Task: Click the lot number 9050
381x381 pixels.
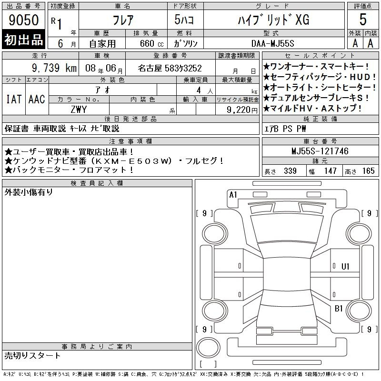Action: click(23, 20)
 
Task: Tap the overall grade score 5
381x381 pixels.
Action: click(363, 20)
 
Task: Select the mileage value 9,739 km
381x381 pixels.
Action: click(54, 68)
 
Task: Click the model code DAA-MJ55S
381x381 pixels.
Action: click(272, 43)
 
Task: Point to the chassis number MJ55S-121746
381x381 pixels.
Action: click(320, 151)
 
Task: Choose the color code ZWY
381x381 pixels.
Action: click(79, 110)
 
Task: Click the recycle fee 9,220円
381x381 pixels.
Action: click(242, 110)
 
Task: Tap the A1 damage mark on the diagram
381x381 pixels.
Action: click(233, 195)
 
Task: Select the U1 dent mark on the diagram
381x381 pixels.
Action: click(345, 267)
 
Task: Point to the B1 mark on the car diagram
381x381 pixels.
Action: click(339, 309)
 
